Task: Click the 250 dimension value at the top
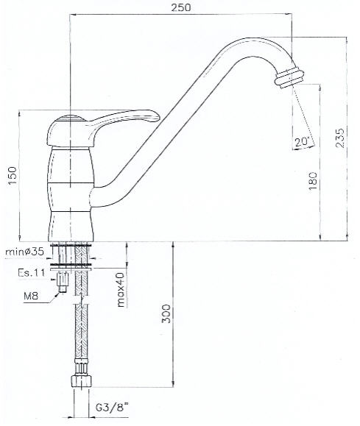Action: click(x=181, y=7)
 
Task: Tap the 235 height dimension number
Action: click(x=339, y=138)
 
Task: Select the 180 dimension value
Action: click(x=313, y=181)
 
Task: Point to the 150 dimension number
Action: click(x=13, y=176)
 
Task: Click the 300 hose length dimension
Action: click(x=166, y=313)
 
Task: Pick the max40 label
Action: click(x=121, y=290)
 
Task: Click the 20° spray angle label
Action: click(x=302, y=141)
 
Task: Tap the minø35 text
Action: click(x=24, y=252)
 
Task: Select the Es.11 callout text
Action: click(x=31, y=272)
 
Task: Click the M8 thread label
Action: click(x=31, y=296)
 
